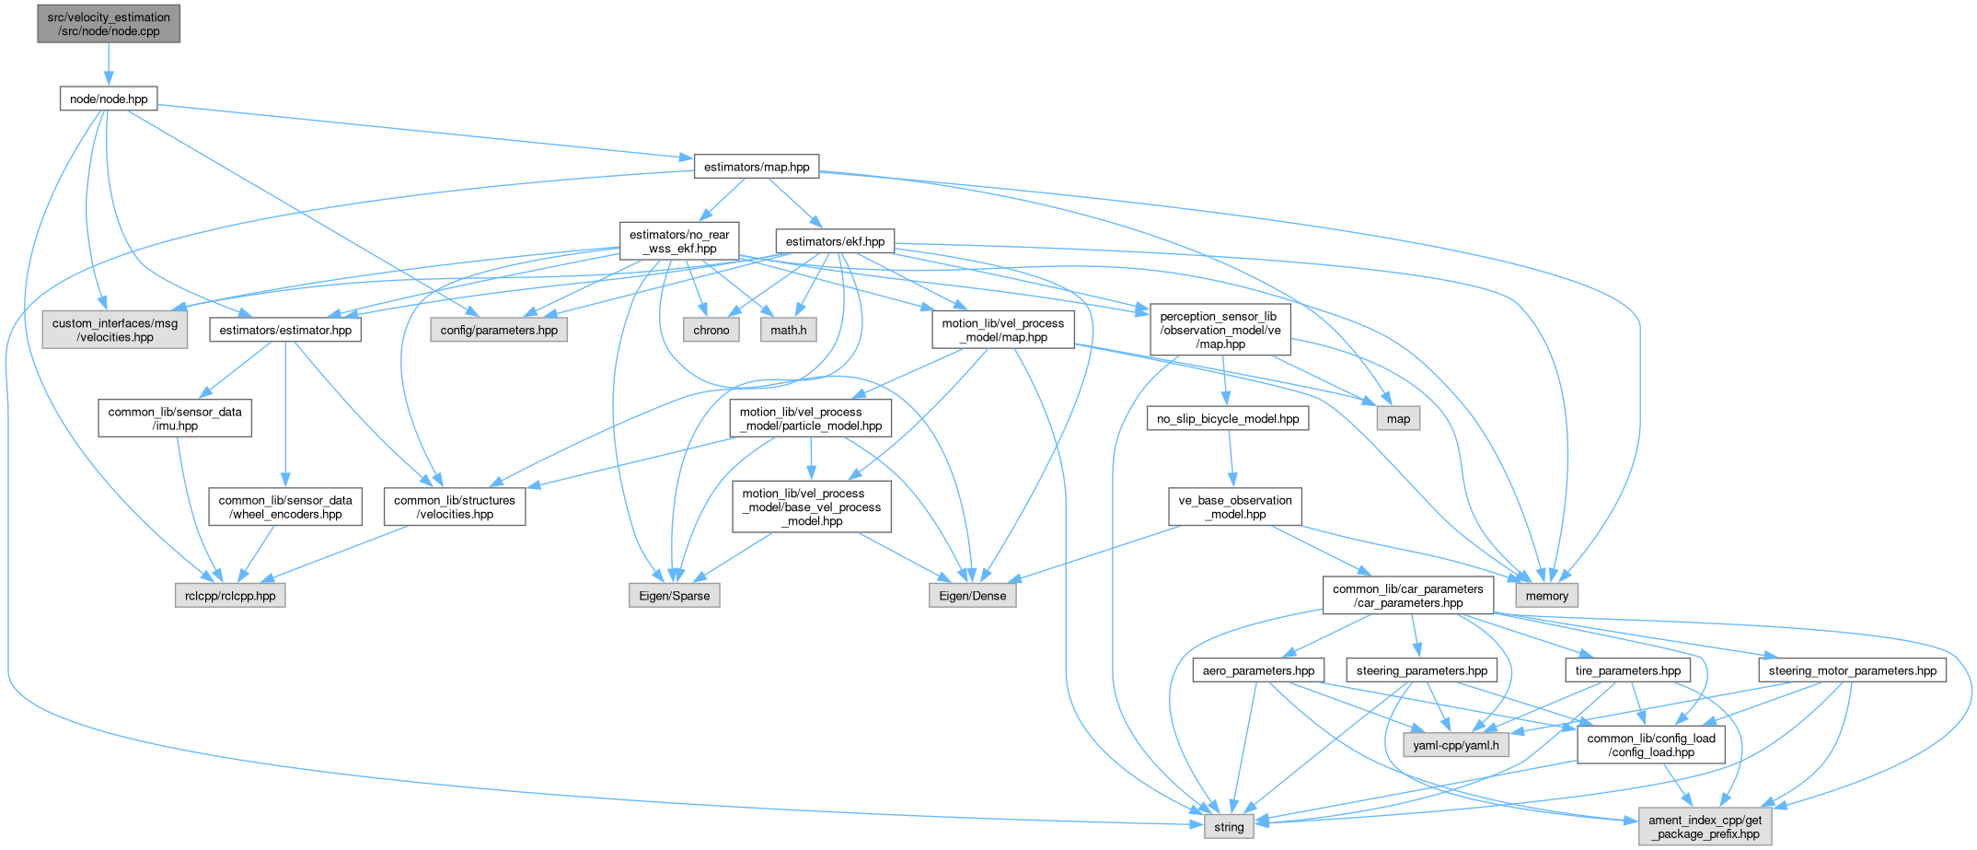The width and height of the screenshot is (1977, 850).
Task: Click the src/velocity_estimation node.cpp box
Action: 109,24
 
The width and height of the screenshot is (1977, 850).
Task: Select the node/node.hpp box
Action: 109,99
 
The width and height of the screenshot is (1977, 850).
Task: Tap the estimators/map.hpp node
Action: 756,167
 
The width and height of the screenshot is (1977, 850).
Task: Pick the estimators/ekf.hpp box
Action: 835,241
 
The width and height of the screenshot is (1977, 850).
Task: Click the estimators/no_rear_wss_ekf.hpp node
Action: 679,241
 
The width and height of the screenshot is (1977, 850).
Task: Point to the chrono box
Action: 711,330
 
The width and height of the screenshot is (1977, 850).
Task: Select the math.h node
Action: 789,330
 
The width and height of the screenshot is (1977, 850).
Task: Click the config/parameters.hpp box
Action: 499,330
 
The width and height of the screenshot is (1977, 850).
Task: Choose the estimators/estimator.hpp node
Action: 285,330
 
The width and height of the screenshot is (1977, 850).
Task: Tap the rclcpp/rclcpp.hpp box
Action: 230,596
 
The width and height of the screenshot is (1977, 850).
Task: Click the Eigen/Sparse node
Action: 675,596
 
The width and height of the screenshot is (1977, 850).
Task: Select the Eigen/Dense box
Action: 973,596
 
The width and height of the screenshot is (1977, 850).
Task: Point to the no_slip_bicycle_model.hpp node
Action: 1228,419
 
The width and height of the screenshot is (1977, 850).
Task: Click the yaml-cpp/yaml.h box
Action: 1456,745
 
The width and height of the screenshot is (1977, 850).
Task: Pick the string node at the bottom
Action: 1229,827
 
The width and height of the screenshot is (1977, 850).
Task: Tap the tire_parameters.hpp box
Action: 1628,670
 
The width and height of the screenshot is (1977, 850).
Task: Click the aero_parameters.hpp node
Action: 1258,670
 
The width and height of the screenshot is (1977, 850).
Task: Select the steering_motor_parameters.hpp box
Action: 1853,670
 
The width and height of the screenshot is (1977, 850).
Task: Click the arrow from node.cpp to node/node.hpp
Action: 109,64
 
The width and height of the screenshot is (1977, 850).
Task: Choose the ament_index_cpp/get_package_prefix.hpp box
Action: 1705,827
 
